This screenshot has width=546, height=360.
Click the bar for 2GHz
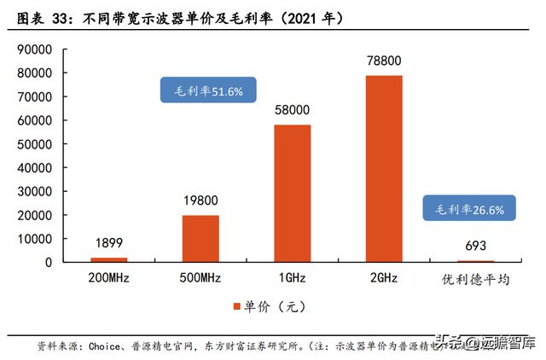pyautogui.click(x=384, y=168)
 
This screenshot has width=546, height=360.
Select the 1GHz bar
pyautogui.click(x=293, y=193)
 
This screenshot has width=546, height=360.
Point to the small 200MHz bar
pyautogui.click(x=109, y=258)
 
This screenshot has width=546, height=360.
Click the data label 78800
pyautogui.click(x=384, y=61)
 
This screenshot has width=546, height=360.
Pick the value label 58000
pyautogui.click(x=293, y=110)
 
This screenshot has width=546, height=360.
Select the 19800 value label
pyautogui.click(x=200, y=200)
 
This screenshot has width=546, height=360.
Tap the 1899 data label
pyautogui.click(x=109, y=242)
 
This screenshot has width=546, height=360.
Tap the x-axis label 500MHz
pyautogui.click(x=200, y=280)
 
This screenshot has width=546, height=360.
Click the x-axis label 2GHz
pyautogui.click(x=384, y=280)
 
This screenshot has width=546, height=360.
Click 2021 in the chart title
pyautogui.click(x=305, y=16)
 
